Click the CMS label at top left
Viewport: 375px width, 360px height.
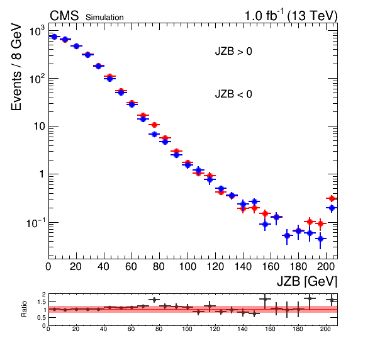coord(64,16)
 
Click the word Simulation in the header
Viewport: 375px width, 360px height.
coord(104,18)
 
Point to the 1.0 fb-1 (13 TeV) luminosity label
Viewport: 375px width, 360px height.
coord(291,16)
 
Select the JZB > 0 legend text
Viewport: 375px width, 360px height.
coord(233,52)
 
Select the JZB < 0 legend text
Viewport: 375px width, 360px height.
coord(233,94)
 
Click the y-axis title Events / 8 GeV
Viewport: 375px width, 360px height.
coord(16,67)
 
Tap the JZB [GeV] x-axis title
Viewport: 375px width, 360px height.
coord(307,281)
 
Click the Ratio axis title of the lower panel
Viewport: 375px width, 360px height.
coord(24,309)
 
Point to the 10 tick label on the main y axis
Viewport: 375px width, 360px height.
coord(40,127)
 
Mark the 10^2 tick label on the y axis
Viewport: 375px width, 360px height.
coord(37,79)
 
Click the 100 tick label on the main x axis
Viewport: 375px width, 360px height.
coord(187,266)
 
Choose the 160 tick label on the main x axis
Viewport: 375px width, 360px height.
coord(271,266)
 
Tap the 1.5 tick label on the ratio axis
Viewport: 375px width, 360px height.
coord(42,302)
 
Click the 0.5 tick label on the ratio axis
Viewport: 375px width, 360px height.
coord(42,318)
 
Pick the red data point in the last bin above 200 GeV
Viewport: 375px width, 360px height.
coord(332,198)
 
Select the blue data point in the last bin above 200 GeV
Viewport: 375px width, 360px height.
coord(332,208)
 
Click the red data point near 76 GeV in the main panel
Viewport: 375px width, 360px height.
coord(154,125)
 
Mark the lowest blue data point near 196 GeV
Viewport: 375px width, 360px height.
coord(320,239)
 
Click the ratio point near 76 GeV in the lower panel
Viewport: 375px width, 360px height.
coord(154,300)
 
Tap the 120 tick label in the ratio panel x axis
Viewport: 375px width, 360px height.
coord(215,329)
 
